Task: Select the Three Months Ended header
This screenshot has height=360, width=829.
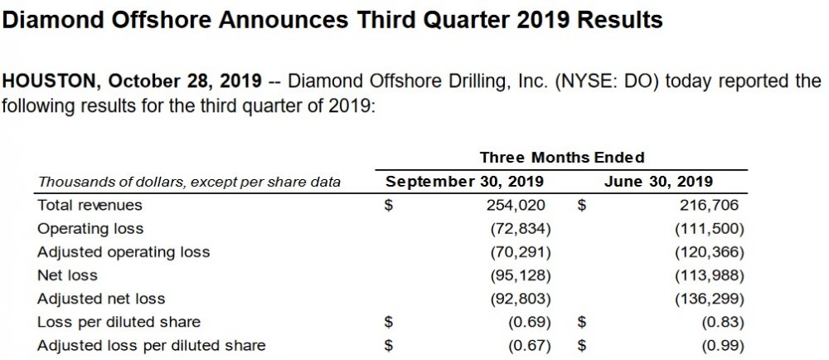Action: [x=562, y=157]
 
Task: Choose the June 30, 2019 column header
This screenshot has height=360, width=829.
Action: [x=659, y=182]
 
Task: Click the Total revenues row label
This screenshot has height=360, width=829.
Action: [x=90, y=204]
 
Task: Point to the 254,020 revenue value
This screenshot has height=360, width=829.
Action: [x=518, y=204]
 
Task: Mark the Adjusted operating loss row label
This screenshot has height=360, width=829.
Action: [x=124, y=251]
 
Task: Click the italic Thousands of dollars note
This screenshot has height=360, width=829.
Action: [x=189, y=182]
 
